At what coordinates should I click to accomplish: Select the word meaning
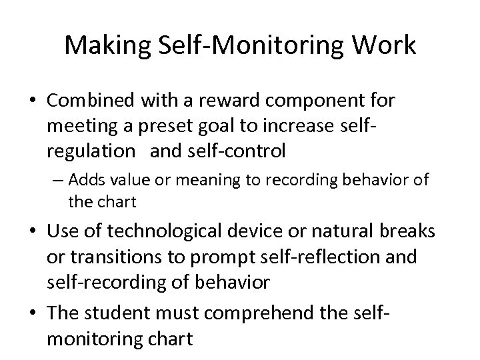(x=195, y=180)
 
